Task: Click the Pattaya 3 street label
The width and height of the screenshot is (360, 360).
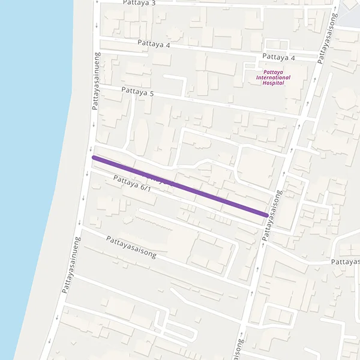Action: click(139, 3)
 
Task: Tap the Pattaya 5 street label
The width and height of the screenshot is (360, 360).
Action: click(137, 92)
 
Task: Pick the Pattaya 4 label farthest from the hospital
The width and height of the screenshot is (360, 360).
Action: click(154, 44)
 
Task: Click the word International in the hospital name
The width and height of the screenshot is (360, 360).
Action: click(273, 77)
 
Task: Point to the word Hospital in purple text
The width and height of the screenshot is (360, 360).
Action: click(273, 83)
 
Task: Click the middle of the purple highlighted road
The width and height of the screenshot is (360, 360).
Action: click(180, 186)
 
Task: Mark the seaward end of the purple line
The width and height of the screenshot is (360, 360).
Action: click(94, 158)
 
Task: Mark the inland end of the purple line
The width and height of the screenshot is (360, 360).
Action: click(266, 215)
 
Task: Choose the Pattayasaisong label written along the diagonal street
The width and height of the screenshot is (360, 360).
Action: click(131, 247)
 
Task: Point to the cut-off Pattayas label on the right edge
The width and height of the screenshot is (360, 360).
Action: click(346, 262)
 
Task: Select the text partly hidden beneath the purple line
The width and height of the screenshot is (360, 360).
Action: click(158, 178)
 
